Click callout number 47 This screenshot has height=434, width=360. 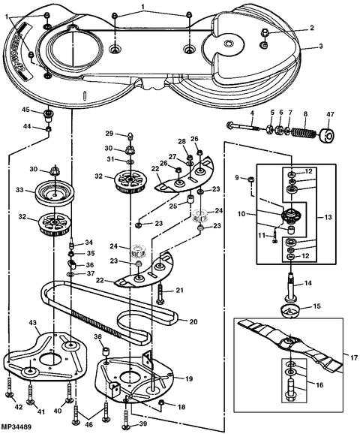[330, 115]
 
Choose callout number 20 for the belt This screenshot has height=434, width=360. [193, 322]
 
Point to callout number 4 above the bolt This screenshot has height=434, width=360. [252, 114]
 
